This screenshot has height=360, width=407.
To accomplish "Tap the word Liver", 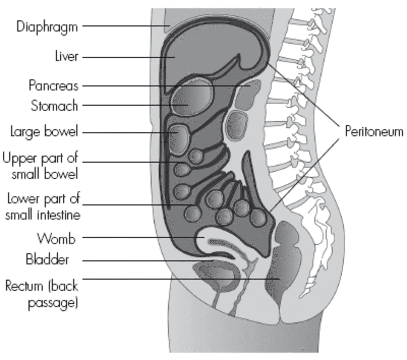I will [x=67, y=56].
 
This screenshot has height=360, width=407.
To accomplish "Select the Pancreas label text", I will [x=53, y=85].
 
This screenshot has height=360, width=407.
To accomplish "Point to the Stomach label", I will [x=54, y=106].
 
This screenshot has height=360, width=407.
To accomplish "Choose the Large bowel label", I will [x=44, y=131].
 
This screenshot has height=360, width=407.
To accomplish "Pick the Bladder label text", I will [x=47, y=260].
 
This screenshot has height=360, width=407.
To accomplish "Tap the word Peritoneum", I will [x=374, y=131].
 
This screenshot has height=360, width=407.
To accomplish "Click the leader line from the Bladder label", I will [x=146, y=261].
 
